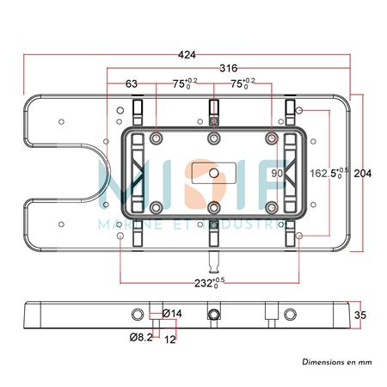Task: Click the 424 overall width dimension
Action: (187, 55)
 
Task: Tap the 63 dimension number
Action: (132, 83)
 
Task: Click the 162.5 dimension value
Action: (327, 173)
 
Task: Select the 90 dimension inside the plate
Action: (277, 173)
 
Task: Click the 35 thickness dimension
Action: (362, 315)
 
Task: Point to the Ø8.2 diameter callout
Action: (141, 338)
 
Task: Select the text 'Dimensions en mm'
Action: (336, 364)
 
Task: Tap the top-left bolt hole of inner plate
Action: (156, 138)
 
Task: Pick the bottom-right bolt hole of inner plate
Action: (271, 206)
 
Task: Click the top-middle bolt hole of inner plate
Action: (213, 138)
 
